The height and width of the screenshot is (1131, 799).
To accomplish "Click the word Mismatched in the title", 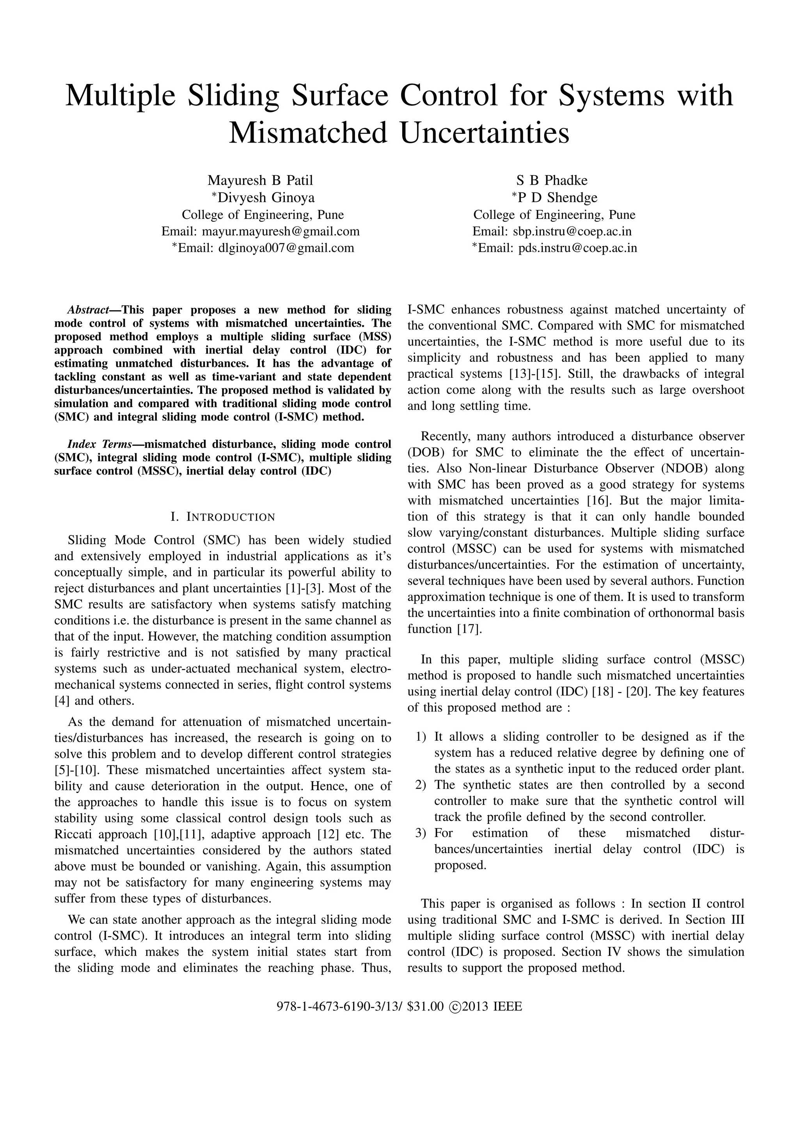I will coord(308,133).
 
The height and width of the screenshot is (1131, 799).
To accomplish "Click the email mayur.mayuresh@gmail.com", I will coord(281,231).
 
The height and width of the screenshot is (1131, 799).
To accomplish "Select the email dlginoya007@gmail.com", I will coord(286,248).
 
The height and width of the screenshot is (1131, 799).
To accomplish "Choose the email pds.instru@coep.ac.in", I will coord(577,248).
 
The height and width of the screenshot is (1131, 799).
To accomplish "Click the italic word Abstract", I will coord(88,310).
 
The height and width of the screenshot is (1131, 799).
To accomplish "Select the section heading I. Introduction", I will coord(222,517).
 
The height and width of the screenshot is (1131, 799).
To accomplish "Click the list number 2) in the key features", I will coord(421,785).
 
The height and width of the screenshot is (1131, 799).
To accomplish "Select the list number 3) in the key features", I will coord(421,833).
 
